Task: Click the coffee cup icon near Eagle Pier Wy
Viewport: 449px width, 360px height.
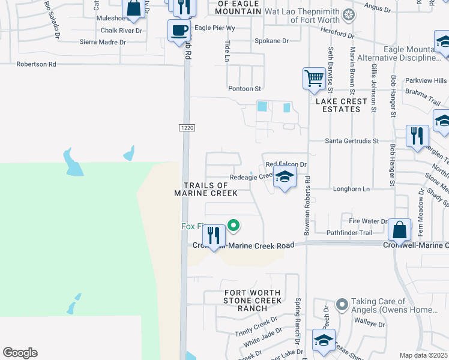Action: tap(178, 29)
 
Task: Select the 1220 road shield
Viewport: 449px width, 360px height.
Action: tap(185, 127)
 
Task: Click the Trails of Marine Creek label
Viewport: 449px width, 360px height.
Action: tap(205, 189)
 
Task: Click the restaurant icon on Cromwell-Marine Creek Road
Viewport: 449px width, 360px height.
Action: tap(214, 235)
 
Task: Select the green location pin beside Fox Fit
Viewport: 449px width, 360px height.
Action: tap(234, 226)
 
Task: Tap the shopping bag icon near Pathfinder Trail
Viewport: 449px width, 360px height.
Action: tap(399, 230)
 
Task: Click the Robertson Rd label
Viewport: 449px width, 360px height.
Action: tap(36, 64)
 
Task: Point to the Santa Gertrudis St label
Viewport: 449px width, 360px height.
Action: tap(352, 140)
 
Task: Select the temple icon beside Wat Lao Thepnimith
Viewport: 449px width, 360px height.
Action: tap(347, 14)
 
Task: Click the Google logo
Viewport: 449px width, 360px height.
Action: tap(20, 353)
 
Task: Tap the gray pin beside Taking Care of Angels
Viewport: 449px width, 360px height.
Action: tap(342, 305)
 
